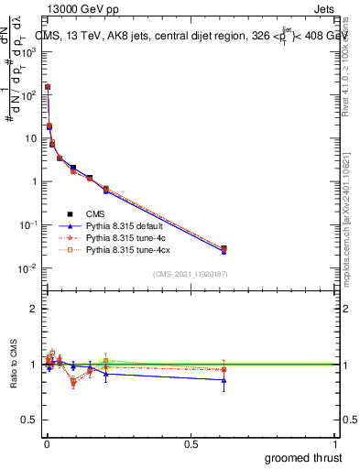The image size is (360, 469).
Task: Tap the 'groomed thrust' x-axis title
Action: (303, 457)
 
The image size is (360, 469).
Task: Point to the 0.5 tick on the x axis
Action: (191, 443)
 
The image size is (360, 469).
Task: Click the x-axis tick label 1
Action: (335, 443)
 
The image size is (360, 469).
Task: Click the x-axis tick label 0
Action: (47, 443)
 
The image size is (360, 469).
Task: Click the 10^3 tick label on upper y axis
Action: (29, 51)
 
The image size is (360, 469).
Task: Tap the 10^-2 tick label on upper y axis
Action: (29, 268)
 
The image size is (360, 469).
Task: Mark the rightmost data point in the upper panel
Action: (224, 248)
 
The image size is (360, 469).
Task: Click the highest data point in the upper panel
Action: (48, 86)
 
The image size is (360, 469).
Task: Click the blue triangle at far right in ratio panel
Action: (224, 380)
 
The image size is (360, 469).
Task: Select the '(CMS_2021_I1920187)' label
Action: (189, 273)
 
